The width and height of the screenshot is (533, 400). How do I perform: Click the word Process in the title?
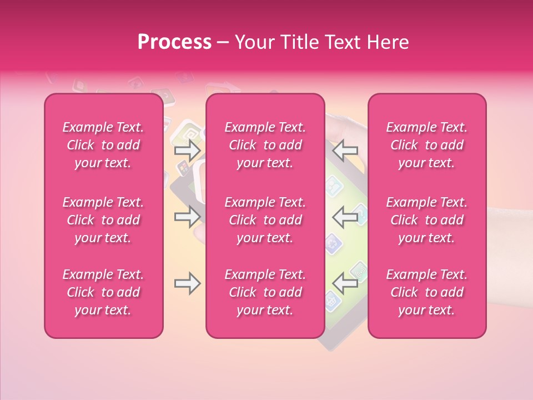tap(174, 42)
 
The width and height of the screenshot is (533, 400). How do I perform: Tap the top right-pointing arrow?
tap(187, 150)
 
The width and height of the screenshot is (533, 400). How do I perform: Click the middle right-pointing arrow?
tap(187, 217)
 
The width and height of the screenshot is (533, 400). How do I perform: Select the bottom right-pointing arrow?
tap(187, 283)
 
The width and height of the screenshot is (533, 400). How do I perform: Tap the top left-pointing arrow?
tap(345, 150)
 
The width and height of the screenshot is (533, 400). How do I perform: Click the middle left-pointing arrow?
tap(345, 217)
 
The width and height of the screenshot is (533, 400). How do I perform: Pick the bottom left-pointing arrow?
tap(345, 283)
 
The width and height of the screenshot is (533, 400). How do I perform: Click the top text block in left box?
tap(103, 145)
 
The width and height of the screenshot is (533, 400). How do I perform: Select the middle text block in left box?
tap(103, 220)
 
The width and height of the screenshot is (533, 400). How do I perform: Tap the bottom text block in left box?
tap(103, 292)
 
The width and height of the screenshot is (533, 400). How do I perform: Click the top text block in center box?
tap(265, 145)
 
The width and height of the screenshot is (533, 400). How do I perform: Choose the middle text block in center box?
tap(265, 220)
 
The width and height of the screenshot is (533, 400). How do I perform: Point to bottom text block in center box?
tap(265, 292)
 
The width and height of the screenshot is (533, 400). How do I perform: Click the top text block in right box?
tap(427, 145)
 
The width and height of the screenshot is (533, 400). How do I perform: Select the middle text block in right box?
tap(427, 220)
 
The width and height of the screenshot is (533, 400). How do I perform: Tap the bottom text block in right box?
tap(427, 292)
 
